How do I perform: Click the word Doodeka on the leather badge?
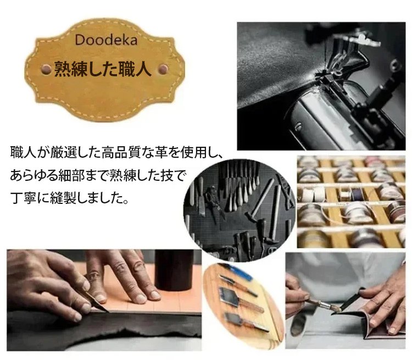[x=106, y=40]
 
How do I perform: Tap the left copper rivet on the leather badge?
[x=47, y=69]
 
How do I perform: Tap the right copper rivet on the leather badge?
[x=163, y=69]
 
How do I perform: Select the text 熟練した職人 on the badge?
[x=103, y=69]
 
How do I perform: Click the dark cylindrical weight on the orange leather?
[x=174, y=270]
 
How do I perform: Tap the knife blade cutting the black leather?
[x=97, y=302]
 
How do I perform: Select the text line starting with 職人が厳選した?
[x=116, y=152]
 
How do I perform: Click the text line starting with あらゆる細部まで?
[x=97, y=175]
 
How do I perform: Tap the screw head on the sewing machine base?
[x=298, y=127]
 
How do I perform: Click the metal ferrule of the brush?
[x=325, y=305]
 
